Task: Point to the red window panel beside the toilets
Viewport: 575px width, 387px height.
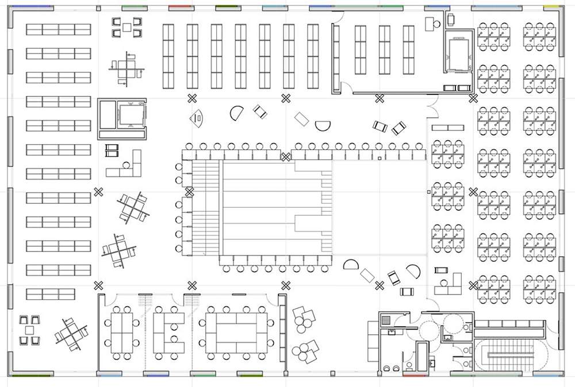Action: coord(414,376)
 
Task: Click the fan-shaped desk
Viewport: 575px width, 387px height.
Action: coord(198,118)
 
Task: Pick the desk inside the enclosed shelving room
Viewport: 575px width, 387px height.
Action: coord(429,23)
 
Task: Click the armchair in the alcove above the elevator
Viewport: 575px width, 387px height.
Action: coord(451,19)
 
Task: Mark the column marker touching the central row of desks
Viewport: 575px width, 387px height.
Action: coord(285,156)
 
